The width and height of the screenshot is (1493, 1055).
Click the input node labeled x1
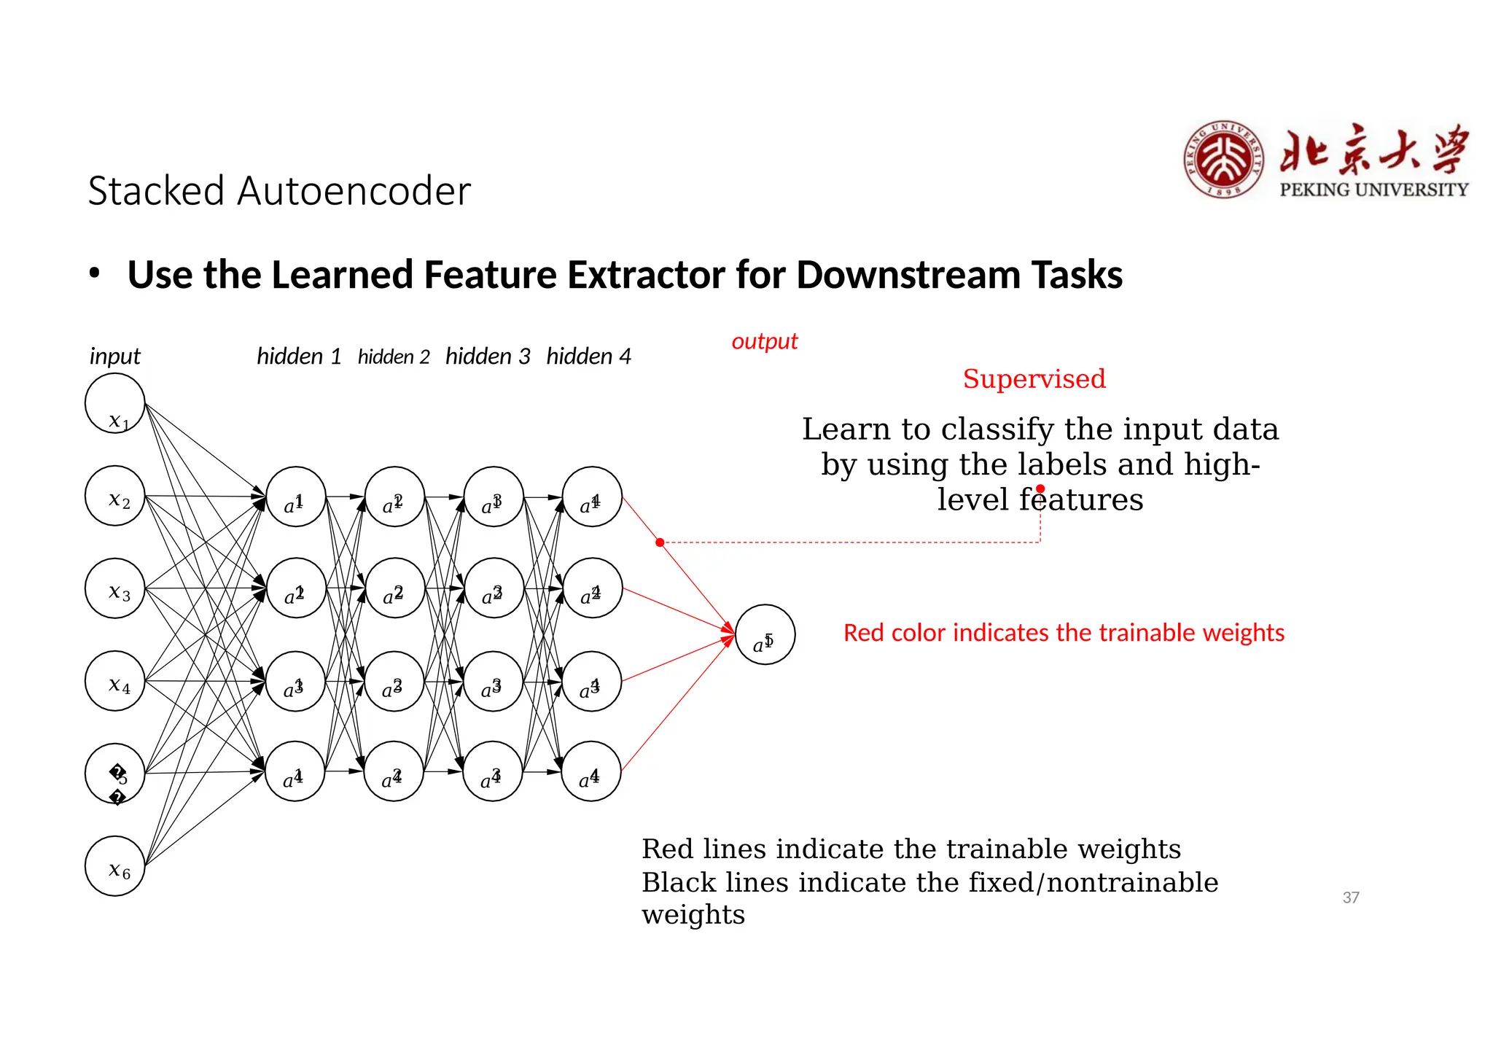[x=114, y=403]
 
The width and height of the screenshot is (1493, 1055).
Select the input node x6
[x=114, y=865]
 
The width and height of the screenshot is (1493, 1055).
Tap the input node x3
[x=114, y=588]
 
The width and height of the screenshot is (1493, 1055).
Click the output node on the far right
[x=765, y=634]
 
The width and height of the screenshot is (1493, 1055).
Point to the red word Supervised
[x=1034, y=379]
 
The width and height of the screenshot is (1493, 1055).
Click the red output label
[x=764, y=341]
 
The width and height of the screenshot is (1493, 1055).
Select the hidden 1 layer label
[x=299, y=357]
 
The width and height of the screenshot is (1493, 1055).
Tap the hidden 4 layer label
[x=588, y=357]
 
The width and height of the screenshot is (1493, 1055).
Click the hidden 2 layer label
[x=394, y=357]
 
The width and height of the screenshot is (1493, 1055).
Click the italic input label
[x=114, y=357]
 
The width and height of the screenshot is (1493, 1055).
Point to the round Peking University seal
[x=1223, y=160]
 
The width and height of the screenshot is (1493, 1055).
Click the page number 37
[x=1350, y=898]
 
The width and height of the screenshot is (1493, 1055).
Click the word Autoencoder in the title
[x=354, y=191]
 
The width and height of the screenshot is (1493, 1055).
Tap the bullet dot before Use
[x=94, y=273]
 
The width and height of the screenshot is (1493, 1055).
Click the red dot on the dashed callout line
[x=660, y=542]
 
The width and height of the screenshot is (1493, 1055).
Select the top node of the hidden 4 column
[x=592, y=497]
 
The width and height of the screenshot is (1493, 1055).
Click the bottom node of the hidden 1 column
[x=295, y=771]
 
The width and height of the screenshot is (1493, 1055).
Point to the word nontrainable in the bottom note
[x=1131, y=883]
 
